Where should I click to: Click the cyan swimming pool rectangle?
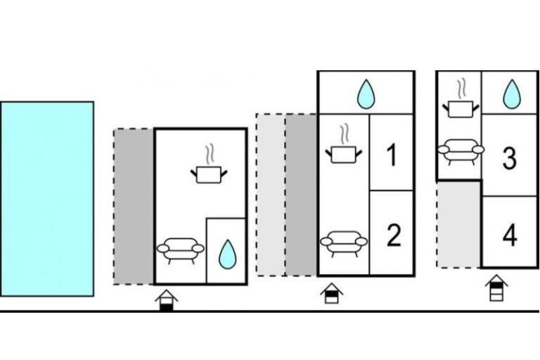(46, 198)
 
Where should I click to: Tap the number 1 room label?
(392, 154)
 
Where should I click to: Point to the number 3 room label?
(510, 159)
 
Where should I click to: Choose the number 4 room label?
(510, 236)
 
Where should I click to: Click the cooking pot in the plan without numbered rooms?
(210, 174)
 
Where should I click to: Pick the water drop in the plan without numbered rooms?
(226, 255)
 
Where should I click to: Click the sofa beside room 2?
(343, 241)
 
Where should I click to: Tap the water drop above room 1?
(365, 94)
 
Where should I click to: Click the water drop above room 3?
(512, 94)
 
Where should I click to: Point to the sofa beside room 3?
(460, 149)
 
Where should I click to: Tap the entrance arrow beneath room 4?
(496, 288)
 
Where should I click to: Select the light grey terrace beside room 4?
(458, 224)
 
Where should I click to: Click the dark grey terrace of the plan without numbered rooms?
(134, 206)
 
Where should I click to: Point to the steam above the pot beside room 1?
(344, 133)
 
